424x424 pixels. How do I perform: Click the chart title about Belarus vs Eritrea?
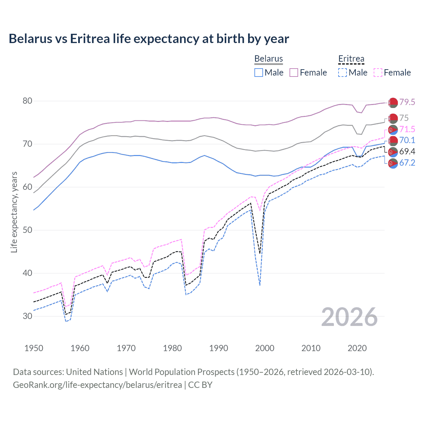(x=149, y=39)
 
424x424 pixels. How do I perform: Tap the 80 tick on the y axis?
(x=27, y=101)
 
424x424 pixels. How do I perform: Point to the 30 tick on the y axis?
(x=27, y=316)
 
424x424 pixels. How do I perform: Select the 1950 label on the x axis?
(x=34, y=348)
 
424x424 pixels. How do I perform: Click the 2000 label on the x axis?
(x=265, y=348)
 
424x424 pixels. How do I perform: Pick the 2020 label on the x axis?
(x=357, y=348)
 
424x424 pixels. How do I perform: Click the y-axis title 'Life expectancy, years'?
(x=14, y=212)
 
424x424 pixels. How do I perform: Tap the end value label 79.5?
(x=407, y=102)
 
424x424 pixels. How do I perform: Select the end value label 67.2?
(x=407, y=163)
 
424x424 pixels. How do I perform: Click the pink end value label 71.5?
(x=407, y=129)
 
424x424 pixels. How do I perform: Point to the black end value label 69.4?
(x=407, y=151)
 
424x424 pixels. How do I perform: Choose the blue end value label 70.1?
(x=407, y=140)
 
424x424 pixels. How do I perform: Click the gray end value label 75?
(x=404, y=118)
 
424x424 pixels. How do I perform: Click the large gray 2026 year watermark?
(x=349, y=317)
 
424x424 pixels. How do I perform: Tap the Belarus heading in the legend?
(x=268, y=59)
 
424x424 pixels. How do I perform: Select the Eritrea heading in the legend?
(x=351, y=59)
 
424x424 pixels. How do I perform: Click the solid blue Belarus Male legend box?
(x=259, y=73)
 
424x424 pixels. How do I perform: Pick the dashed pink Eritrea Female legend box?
(x=378, y=73)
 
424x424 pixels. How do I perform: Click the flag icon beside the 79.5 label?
(x=393, y=103)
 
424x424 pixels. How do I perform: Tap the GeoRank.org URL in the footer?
(x=97, y=385)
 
